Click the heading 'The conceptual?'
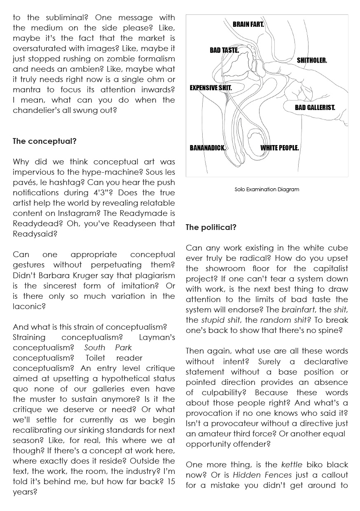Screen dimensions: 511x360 click(44, 141)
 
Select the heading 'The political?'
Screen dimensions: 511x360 click(211, 227)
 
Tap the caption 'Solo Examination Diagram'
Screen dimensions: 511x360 click(267, 190)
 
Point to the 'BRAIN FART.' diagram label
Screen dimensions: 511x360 click(248, 25)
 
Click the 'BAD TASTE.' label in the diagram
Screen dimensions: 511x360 click(224, 50)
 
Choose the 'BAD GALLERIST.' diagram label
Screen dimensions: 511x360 click(315, 108)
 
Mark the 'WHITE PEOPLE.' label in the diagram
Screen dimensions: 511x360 click(279, 148)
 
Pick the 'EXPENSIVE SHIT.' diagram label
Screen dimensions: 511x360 click(210, 88)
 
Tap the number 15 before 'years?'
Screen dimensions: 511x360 click(171, 481)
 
